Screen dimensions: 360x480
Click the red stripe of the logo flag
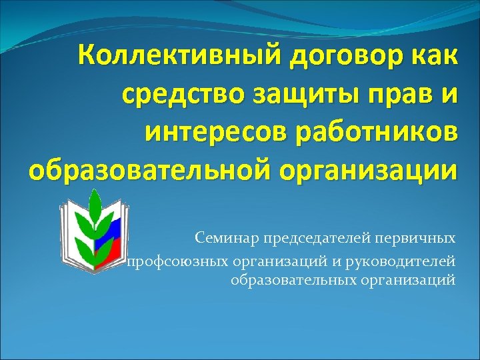(x=107, y=257)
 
